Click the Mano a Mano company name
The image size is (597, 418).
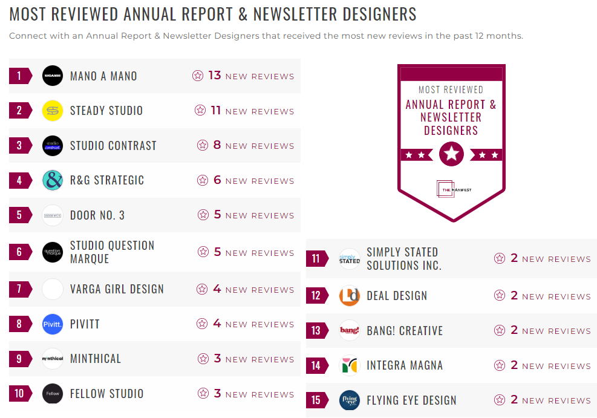tap(103, 76)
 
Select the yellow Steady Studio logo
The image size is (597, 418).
tap(53, 111)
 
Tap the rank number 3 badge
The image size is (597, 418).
tap(19, 146)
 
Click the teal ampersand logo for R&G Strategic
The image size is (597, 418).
tap(53, 180)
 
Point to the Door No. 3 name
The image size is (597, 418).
tap(97, 215)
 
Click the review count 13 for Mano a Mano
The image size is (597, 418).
tap(215, 76)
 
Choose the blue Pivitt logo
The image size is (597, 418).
tap(53, 324)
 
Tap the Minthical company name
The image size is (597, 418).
tap(96, 359)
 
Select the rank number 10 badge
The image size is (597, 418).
tap(19, 394)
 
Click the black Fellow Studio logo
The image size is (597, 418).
tap(53, 394)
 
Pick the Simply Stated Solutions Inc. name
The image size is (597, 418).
tap(404, 259)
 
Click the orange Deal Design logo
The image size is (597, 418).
tap(350, 296)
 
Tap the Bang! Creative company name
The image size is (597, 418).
tap(405, 331)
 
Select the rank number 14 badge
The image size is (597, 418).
tap(316, 365)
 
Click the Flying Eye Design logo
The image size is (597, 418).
tap(350, 400)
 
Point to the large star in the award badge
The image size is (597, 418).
tap(451, 154)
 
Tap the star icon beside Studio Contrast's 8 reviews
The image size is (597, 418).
tap(203, 146)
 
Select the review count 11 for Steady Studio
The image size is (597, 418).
tap(216, 111)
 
